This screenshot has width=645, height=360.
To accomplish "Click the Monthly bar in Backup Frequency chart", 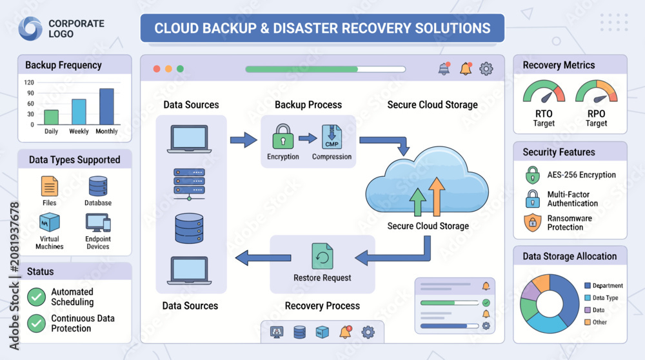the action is (x=106, y=106).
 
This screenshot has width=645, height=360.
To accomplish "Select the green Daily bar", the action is (x=52, y=117).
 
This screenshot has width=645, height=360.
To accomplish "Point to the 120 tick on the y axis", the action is (x=29, y=83).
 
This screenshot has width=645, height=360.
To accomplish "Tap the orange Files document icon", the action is (x=50, y=186).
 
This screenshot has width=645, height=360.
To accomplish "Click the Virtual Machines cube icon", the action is (x=50, y=223).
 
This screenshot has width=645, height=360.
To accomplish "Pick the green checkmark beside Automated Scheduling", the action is (x=36, y=297).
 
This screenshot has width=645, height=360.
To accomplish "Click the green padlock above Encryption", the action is (x=283, y=136).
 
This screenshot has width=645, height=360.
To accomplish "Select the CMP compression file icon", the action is (x=332, y=137).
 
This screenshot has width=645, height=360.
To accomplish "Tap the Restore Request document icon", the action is (x=322, y=257).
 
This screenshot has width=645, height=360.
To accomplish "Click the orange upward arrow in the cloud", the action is (x=436, y=197).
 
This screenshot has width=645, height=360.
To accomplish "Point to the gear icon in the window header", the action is (x=486, y=68).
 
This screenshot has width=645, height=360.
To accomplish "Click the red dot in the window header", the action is (x=157, y=68).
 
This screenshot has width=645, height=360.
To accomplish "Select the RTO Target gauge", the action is (x=544, y=92).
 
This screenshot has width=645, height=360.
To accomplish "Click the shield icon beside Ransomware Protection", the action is (x=533, y=223).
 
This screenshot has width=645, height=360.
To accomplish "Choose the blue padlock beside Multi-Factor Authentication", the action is (x=533, y=199).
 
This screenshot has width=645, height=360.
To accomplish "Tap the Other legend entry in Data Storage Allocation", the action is (x=595, y=322).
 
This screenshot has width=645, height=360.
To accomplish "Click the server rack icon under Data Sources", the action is (x=189, y=184).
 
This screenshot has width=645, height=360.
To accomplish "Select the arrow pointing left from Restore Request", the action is (x=263, y=257).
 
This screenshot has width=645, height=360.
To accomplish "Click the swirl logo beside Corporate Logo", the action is (x=30, y=28).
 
